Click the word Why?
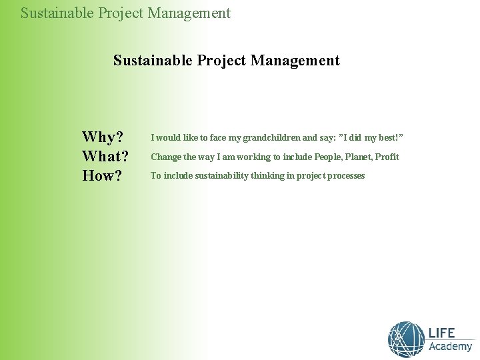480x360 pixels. [x=103, y=137]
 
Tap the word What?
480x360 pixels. [x=105, y=157]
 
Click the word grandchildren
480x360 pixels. [x=271, y=138]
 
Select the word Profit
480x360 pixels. [x=387, y=157]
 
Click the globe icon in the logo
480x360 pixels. [x=406, y=339]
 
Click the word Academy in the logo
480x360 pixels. [x=450, y=347]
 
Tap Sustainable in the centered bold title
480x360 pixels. [x=153, y=61]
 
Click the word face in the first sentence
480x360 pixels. [x=219, y=138]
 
